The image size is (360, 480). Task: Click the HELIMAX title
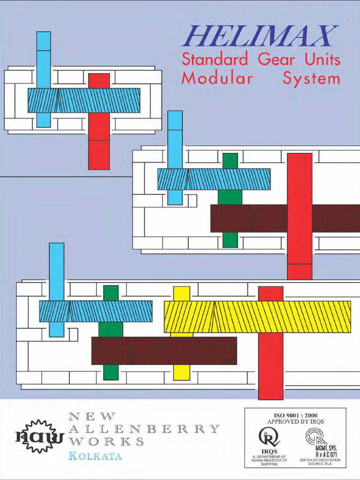[x=260, y=36]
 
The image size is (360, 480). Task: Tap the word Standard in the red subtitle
[x=215, y=59]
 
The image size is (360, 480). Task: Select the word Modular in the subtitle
[x=217, y=78]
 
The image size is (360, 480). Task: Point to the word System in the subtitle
[x=311, y=79]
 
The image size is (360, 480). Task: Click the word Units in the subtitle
[x=322, y=59]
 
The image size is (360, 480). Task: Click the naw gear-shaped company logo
[x=40, y=436]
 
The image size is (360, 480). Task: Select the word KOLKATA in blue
[x=95, y=456]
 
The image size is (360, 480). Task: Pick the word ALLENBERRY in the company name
[x=144, y=428]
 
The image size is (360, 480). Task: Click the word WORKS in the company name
[x=106, y=442]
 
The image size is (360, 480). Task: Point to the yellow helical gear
[x=257, y=317]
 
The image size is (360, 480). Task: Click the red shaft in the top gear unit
[x=99, y=121]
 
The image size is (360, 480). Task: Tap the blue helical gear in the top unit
[x=84, y=100]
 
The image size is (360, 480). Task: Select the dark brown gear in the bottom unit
[x=164, y=351]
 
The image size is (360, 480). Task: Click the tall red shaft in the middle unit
[x=300, y=216]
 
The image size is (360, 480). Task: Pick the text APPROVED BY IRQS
[x=295, y=421]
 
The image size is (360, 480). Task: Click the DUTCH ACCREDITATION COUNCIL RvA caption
[x=320, y=462]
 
